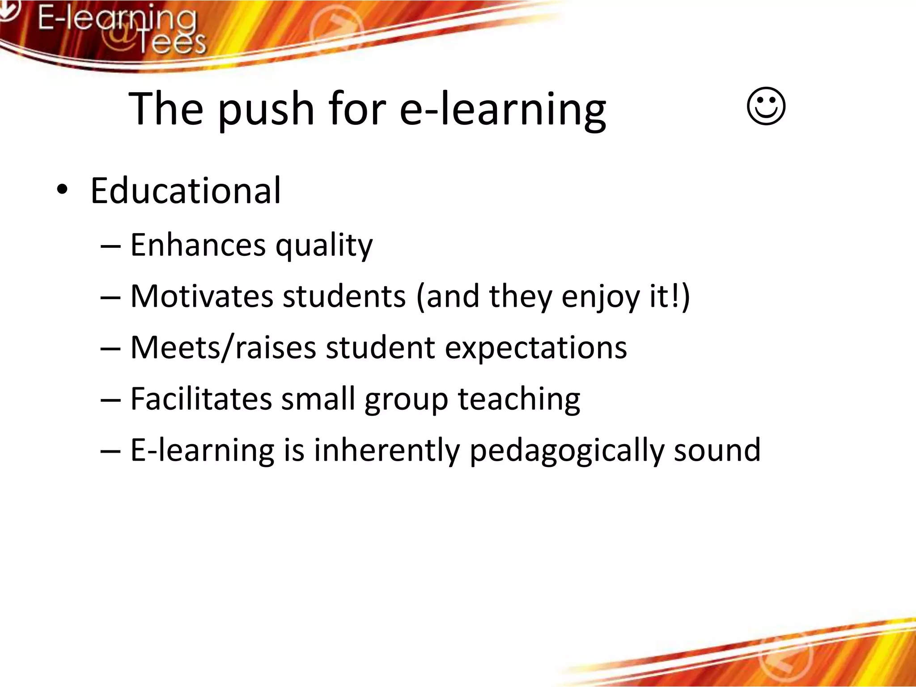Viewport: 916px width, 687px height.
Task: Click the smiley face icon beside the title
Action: tap(766, 106)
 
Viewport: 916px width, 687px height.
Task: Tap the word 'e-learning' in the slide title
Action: tap(502, 110)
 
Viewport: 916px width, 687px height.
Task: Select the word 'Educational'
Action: tap(186, 191)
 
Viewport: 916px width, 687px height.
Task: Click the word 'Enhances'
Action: tap(198, 245)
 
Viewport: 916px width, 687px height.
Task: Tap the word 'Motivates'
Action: tap(201, 296)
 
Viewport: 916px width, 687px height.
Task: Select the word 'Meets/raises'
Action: tap(223, 348)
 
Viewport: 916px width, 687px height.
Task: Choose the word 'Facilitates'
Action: tap(201, 399)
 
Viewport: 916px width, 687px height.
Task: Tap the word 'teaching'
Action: tap(519, 399)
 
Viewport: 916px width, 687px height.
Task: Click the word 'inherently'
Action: tap(386, 450)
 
